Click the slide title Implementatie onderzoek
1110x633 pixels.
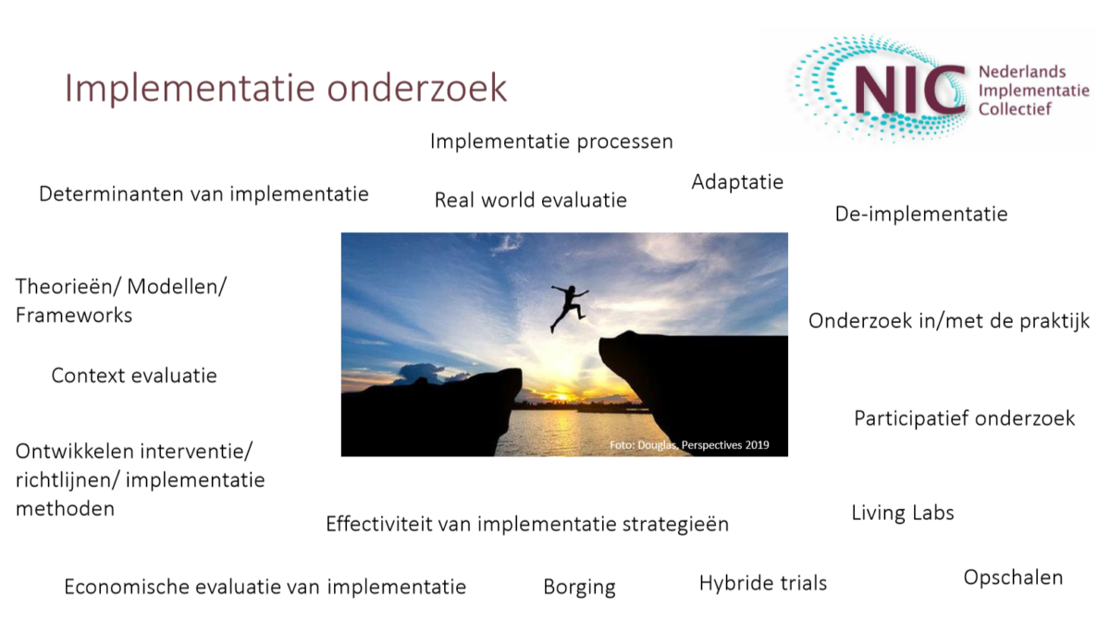(x=286, y=88)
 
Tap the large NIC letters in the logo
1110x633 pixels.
(x=910, y=90)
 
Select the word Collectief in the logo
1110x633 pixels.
(x=1015, y=109)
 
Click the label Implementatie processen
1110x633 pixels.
(x=551, y=142)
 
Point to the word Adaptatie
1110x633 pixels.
(x=737, y=182)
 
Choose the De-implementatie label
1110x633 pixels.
(x=921, y=214)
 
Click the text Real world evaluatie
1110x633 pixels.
(x=531, y=200)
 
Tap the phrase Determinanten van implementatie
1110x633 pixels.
(x=203, y=193)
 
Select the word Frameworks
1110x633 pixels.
(x=74, y=316)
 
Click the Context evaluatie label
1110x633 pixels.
(x=134, y=376)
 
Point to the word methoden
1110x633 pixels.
(x=65, y=509)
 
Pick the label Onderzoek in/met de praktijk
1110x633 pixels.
(x=949, y=321)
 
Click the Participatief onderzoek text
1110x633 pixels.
(x=964, y=418)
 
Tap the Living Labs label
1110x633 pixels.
(x=903, y=513)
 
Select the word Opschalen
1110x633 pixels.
(x=1013, y=578)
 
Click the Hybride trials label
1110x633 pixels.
(x=763, y=583)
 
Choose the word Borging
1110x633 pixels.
(x=579, y=588)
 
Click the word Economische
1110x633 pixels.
(x=127, y=587)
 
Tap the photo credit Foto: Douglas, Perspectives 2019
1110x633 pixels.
(x=689, y=445)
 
